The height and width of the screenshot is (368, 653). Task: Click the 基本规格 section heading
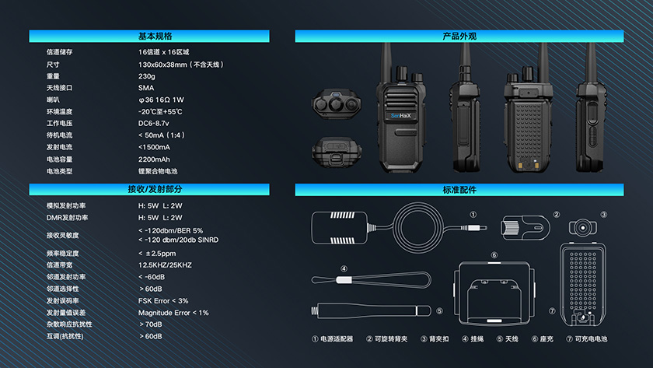[155, 37]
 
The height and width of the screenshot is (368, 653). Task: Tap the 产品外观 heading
[459, 37]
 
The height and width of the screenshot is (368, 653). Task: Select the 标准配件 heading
[459, 190]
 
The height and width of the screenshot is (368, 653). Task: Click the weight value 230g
[147, 76]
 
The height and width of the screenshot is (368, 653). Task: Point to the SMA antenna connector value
[146, 88]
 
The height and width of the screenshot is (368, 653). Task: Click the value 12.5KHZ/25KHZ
[165, 265]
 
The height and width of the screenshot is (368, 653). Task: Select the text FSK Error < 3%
[163, 300]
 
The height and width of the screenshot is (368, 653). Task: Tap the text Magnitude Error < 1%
[173, 313]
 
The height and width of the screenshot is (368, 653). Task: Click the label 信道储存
[60, 52]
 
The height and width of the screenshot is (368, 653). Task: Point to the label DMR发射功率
[67, 218]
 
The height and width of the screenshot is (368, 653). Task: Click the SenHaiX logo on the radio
[400, 116]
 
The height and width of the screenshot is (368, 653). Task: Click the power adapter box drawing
[340, 227]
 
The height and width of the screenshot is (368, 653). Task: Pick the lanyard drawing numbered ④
[371, 280]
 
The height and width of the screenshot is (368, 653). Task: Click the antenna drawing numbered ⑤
[371, 311]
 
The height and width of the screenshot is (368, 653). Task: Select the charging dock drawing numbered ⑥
[494, 293]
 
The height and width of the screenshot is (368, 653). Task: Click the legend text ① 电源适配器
[333, 339]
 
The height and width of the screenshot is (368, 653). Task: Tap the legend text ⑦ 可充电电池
[586, 339]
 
